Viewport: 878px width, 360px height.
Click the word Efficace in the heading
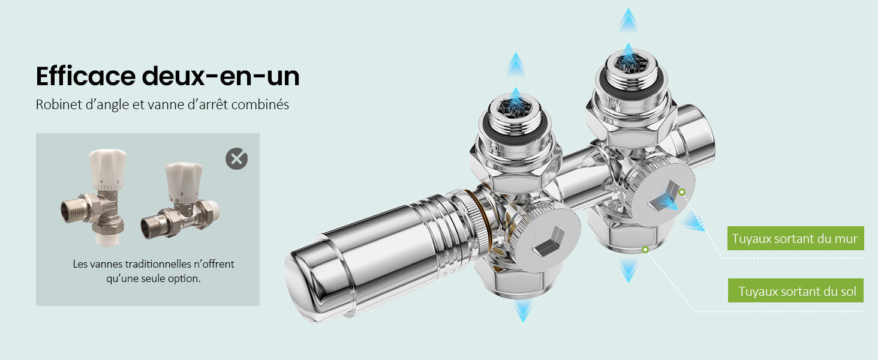point(86,76)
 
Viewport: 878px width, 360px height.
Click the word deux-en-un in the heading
point(221,76)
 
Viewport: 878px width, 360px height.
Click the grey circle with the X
point(236,159)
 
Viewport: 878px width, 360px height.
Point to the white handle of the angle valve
point(107,169)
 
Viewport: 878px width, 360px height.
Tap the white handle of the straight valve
point(184,182)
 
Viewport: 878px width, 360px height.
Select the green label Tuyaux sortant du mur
point(795,238)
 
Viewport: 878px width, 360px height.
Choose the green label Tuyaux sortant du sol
point(796,290)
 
